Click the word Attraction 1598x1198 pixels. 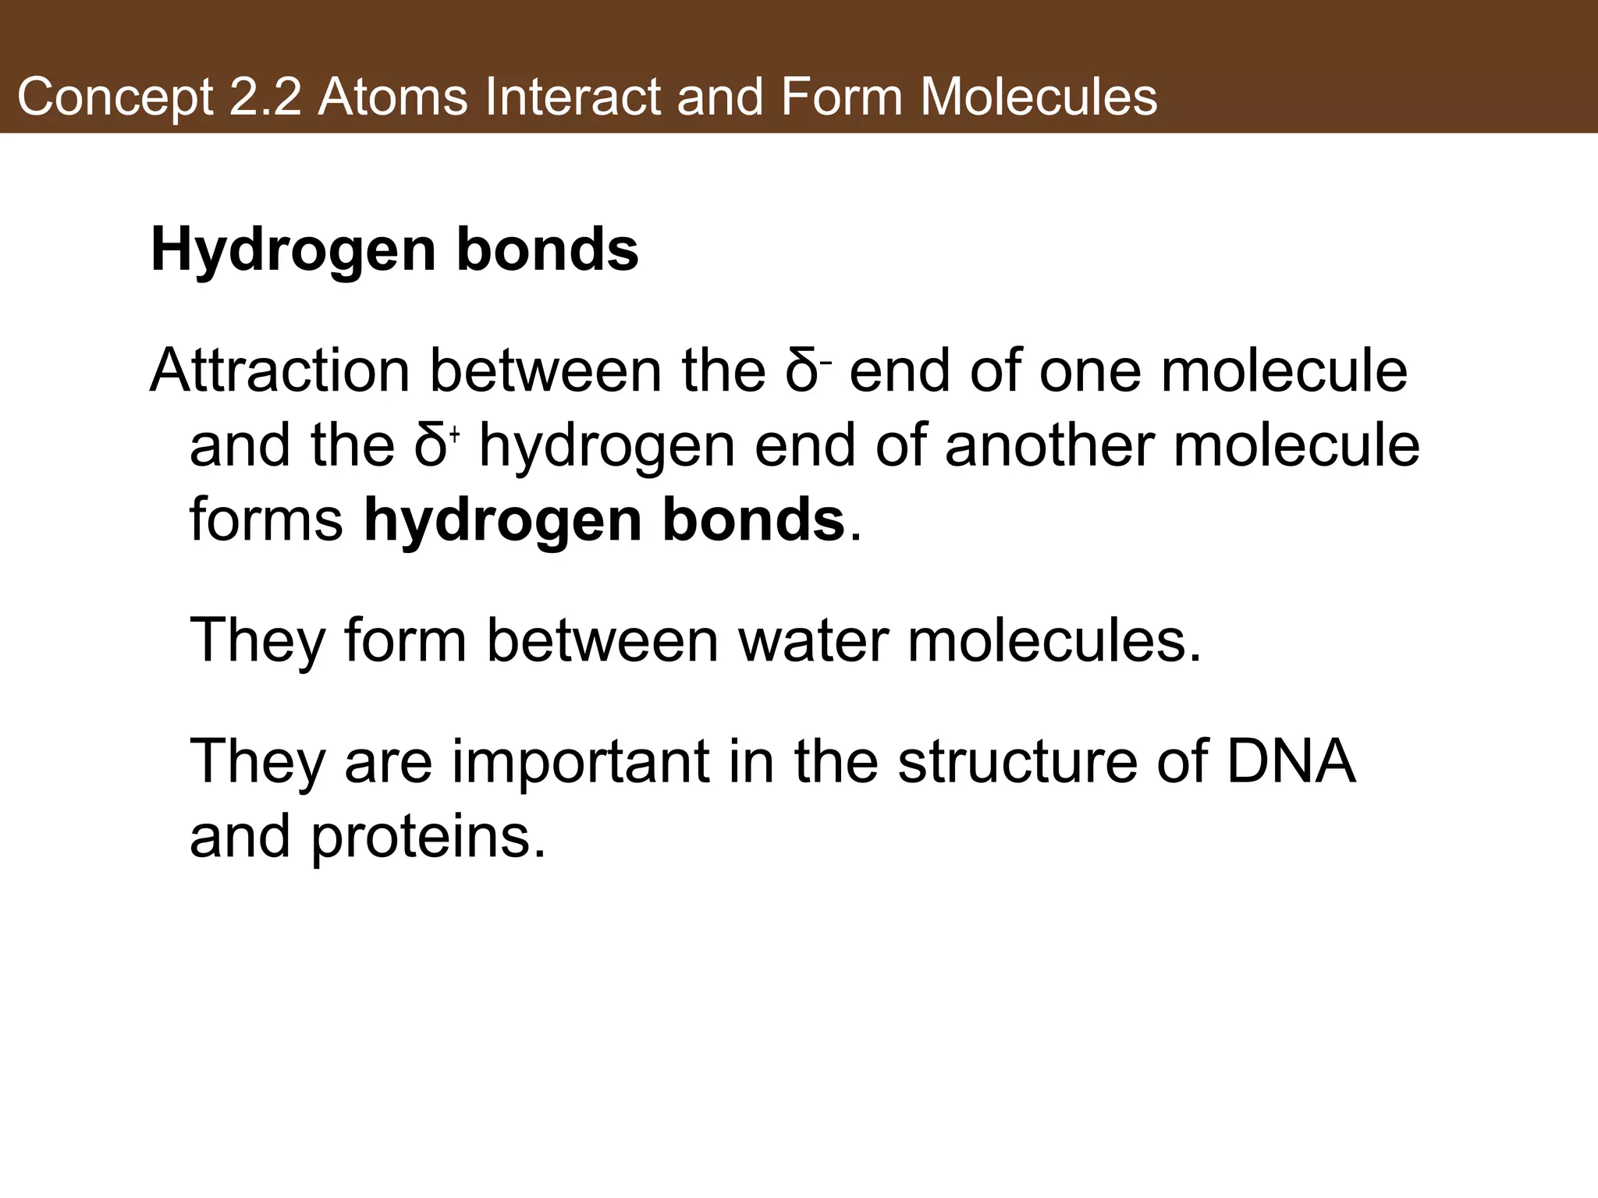click(x=280, y=371)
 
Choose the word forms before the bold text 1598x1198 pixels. click(x=266, y=520)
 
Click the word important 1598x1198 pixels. click(x=581, y=761)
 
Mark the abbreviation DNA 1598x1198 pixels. click(x=1291, y=761)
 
